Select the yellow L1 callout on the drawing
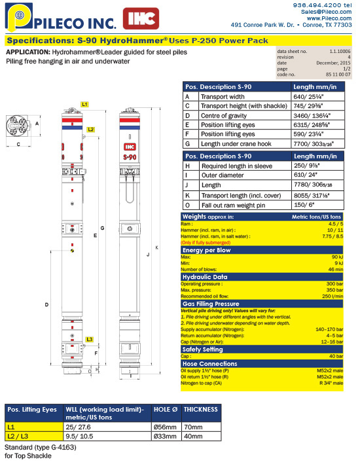pos(85,104)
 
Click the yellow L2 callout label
pos(91,130)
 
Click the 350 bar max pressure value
pos(333,289)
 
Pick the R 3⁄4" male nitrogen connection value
pos(331,382)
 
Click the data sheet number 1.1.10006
pos(333,51)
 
